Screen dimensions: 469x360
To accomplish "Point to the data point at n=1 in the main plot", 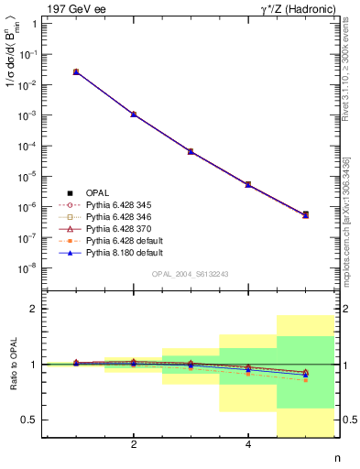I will click(76, 71).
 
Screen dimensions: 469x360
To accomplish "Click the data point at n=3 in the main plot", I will click(191, 151).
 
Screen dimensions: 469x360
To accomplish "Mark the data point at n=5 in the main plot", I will click(305, 214).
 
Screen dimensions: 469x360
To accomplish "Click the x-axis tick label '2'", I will click(134, 445).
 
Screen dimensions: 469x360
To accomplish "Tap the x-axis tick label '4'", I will click(248, 445).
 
